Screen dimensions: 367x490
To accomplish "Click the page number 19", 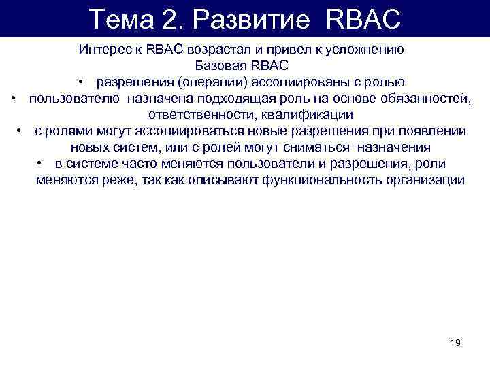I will pyautogui.click(x=455, y=342).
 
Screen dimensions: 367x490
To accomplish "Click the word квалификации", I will pyautogui.click(x=310, y=115).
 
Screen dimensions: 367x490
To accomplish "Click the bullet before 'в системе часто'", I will pyautogui.click(x=42, y=164).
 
